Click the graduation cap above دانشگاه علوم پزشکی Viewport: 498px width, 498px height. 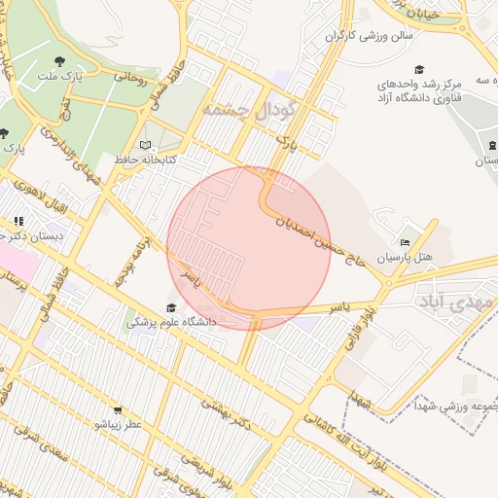(171, 308)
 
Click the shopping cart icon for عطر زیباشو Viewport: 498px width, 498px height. (119, 411)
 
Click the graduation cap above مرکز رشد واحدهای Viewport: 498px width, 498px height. (419, 69)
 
